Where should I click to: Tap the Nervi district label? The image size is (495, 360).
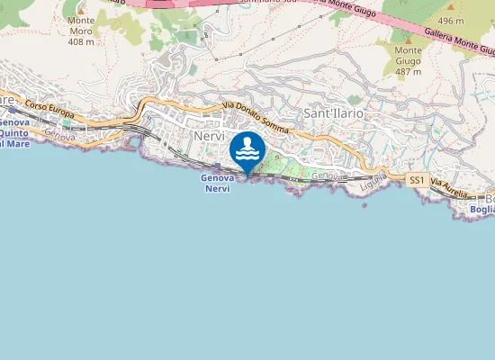coord(207,134)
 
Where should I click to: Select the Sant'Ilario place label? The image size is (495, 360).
coord(332,114)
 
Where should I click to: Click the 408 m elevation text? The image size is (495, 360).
coord(81,41)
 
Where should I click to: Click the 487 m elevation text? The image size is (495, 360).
coord(409,72)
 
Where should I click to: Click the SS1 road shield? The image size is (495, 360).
coord(417,181)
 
